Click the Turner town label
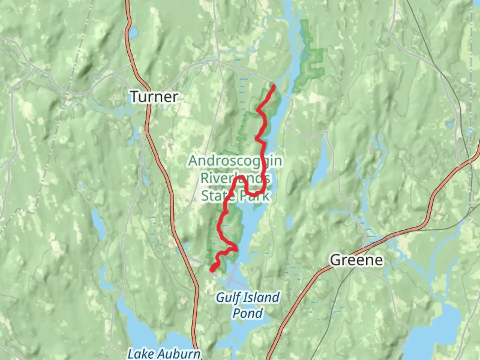154,97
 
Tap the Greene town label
356,260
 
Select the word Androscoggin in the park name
235,161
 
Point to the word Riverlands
235,178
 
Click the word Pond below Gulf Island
248,313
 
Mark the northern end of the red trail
273,86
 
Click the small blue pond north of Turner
134,32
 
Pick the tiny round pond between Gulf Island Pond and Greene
289,220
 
